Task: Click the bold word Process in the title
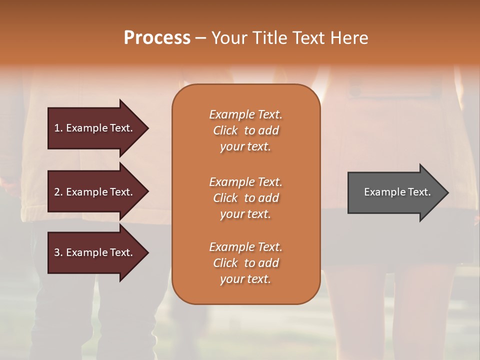157,38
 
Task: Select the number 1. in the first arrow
58,128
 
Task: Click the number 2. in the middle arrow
58,192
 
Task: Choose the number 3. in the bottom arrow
58,252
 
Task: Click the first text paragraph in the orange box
245,130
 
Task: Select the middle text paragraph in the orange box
245,197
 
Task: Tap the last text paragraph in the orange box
245,263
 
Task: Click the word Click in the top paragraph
225,130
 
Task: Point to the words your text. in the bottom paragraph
245,279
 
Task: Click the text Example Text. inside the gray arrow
397,192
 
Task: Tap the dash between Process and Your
200,38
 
